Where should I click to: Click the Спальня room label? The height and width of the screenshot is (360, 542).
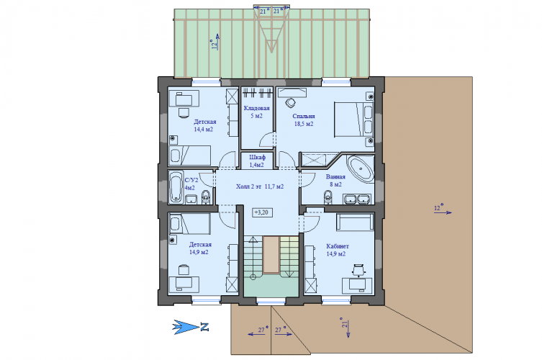304,117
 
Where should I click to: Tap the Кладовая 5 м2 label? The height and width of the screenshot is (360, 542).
256,112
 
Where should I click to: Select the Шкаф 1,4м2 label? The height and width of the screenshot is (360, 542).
257,161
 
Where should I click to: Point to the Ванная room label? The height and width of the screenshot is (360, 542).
335,176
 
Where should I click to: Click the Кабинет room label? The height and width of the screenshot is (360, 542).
338,246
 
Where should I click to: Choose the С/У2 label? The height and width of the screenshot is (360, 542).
191,180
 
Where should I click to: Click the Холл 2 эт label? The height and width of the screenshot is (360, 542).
249,186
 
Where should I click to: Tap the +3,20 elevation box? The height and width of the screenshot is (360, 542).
263,212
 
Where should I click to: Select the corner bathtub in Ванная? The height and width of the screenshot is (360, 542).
361,169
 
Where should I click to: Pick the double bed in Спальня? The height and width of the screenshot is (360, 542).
354,120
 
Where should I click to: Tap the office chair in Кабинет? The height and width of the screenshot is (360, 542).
358,270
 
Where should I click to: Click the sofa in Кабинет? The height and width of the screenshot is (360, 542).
355,222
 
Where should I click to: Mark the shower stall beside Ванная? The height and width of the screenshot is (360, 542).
314,160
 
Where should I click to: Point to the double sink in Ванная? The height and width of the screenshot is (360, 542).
357,199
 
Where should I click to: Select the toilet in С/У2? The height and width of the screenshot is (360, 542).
206,197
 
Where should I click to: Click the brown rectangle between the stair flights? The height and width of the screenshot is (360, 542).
271,255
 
